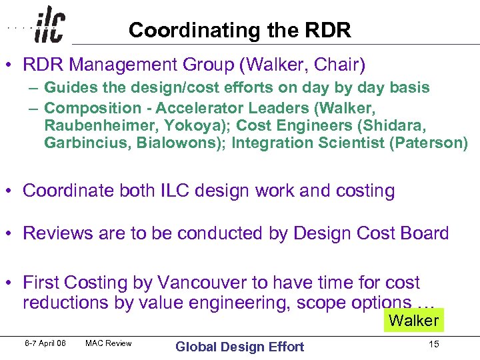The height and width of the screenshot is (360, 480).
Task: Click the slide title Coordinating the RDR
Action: (239, 30)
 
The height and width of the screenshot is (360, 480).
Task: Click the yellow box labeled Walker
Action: (413, 321)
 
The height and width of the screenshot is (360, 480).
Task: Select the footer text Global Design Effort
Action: (239, 346)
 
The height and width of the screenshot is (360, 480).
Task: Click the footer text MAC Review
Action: (109, 344)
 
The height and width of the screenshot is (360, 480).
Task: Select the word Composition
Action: (93, 108)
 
